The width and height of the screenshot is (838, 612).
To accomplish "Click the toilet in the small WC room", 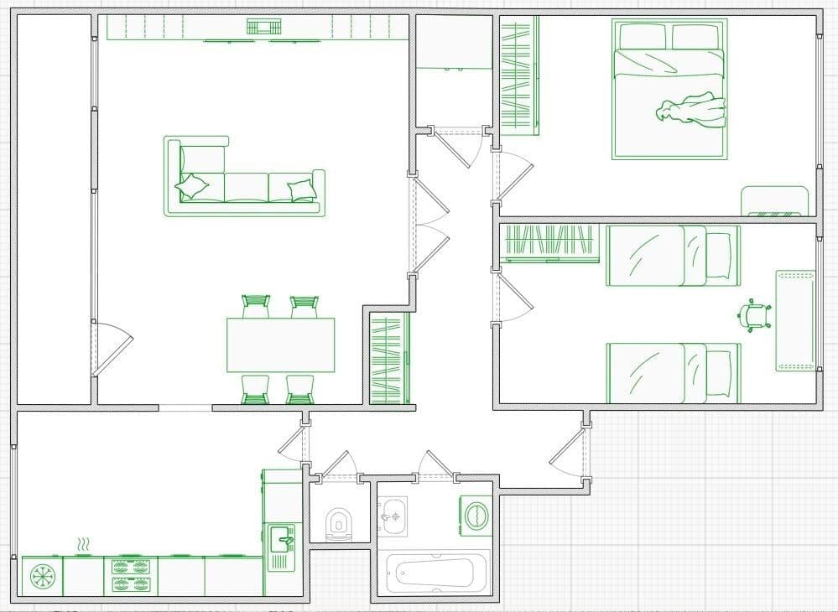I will (338, 524).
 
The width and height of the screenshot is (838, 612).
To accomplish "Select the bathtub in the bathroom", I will (432, 573).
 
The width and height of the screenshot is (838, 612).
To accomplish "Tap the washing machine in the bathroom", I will (476, 514).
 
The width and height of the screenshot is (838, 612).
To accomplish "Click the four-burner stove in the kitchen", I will (130, 575).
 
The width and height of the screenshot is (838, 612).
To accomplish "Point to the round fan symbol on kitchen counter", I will (40, 577).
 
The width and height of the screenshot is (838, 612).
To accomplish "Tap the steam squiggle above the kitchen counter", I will (82, 547).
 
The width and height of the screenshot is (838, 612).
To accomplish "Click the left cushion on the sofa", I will (193, 186).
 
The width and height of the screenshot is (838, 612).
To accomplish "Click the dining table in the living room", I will (280, 345).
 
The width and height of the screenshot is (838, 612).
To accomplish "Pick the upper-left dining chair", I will (255, 306).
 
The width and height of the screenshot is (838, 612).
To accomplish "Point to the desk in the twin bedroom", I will (795, 320).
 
